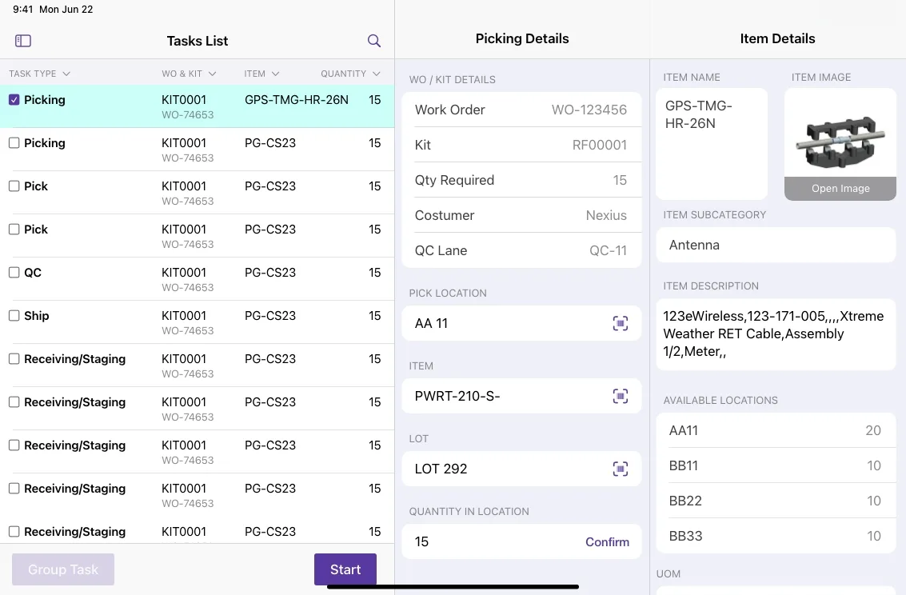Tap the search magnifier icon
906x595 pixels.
tap(374, 41)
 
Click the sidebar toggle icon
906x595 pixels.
tap(23, 41)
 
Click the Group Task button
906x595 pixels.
tap(63, 569)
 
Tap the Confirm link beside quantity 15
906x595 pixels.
tap(607, 542)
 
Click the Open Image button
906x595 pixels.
tap(840, 188)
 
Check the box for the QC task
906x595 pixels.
tap(14, 272)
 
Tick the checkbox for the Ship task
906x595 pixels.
tap(14, 315)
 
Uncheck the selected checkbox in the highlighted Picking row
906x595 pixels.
tap(14, 99)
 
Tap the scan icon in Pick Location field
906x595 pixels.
tap(620, 324)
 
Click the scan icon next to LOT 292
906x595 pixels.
tap(620, 469)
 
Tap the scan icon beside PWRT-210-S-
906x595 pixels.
tap(620, 397)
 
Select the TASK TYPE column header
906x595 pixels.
tap(39, 74)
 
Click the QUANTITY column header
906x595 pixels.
tap(350, 74)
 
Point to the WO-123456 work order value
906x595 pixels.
tap(589, 110)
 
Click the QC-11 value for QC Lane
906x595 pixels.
tap(608, 250)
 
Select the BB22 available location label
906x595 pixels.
tap(685, 501)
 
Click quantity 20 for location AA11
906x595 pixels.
tap(873, 430)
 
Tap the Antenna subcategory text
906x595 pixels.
tap(694, 245)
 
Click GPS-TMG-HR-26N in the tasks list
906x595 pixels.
tap(297, 100)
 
